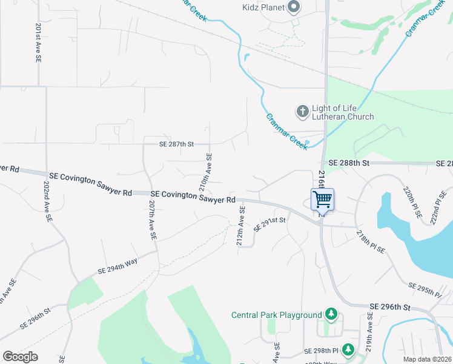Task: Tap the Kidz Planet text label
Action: (260, 8)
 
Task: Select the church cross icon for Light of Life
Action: (302, 111)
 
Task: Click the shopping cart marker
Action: (322, 200)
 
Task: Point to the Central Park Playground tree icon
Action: (331, 314)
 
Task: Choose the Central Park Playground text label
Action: (277, 315)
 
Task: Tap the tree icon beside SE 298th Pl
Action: (348, 349)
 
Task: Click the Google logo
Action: (21, 357)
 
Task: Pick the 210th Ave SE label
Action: (206, 172)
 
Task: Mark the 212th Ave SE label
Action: (241, 226)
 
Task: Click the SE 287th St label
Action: (176, 144)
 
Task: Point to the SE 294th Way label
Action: (117, 269)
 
